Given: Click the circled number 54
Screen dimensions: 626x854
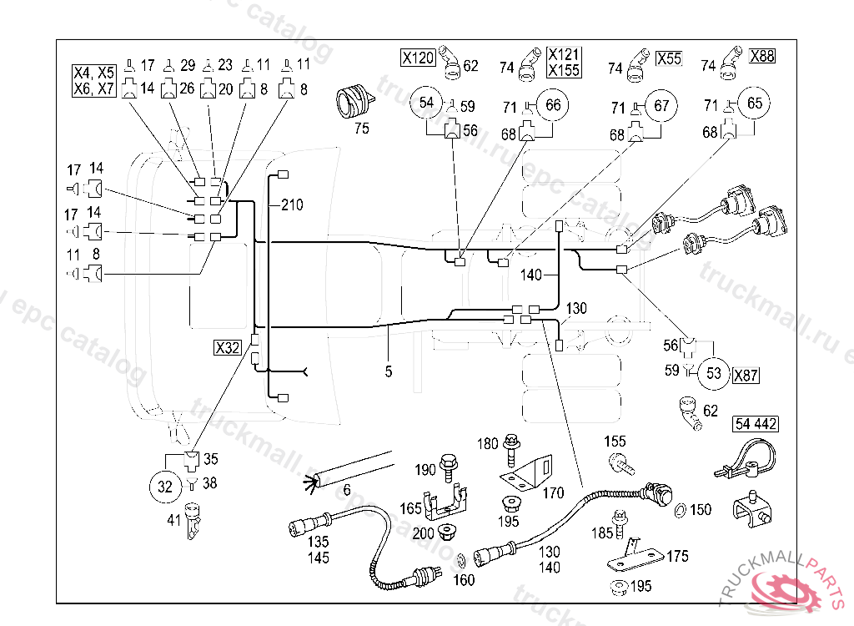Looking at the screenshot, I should (x=427, y=103).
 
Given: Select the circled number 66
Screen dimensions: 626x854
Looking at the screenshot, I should (x=554, y=105).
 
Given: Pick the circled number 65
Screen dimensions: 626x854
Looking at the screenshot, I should (x=755, y=104).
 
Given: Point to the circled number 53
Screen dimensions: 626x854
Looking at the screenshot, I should (x=714, y=373).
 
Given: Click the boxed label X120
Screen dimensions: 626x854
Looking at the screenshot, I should (x=418, y=58).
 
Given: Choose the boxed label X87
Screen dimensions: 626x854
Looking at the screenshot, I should (x=746, y=376).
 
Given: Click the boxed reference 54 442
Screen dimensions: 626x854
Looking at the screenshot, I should (x=756, y=424).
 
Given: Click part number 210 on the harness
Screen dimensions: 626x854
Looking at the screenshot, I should (x=292, y=204).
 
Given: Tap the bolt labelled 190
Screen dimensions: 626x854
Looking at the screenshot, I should (x=449, y=462).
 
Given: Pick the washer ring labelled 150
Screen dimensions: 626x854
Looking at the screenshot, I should (x=680, y=510).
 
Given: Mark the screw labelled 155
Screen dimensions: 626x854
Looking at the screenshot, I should (x=617, y=461).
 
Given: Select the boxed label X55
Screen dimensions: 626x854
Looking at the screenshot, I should (x=669, y=58).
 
